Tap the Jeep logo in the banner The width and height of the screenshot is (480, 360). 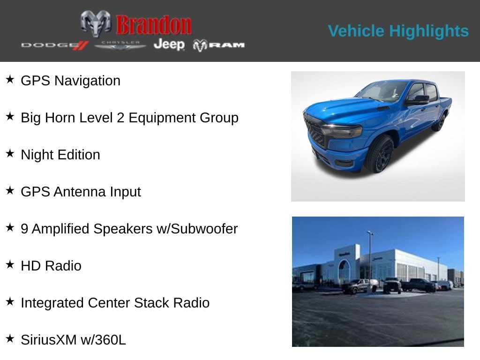(169, 45)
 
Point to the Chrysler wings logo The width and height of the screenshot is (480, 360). (120, 45)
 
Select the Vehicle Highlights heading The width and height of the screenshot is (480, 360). (398, 31)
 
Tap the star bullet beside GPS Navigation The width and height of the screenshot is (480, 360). (10, 79)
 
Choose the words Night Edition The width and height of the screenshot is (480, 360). (60, 155)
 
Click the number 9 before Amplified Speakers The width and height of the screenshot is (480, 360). (24, 229)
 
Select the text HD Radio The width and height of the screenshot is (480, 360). (51, 266)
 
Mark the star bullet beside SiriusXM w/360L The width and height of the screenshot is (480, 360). (10, 338)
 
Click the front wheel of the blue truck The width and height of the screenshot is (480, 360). (380, 154)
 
